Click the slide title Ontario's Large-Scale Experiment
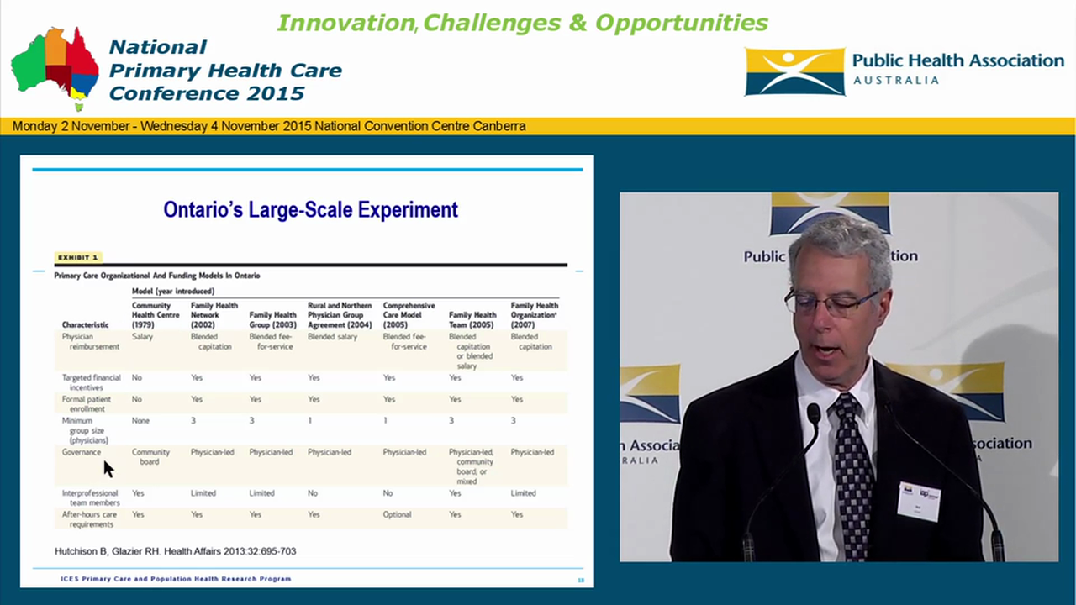(x=310, y=209)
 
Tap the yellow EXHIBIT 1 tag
(x=78, y=257)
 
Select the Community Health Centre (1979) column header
(x=156, y=315)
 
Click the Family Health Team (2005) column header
(x=472, y=319)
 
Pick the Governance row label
(x=81, y=452)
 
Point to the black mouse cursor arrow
(x=108, y=468)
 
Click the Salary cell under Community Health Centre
(x=142, y=337)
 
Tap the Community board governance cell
(x=150, y=457)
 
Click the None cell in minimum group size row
(x=141, y=420)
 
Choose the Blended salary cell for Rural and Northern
(x=332, y=337)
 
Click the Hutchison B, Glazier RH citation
(x=175, y=551)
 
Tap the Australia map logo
(x=55, y=67)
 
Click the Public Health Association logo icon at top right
(x=794, y=71)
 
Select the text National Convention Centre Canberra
(x=420, y=126)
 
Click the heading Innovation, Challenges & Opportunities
(x=522, y=23)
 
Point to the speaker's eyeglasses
(x=832, y=303)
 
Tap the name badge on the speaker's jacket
(x=918, y=500)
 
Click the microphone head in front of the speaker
(x=813, y=414)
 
